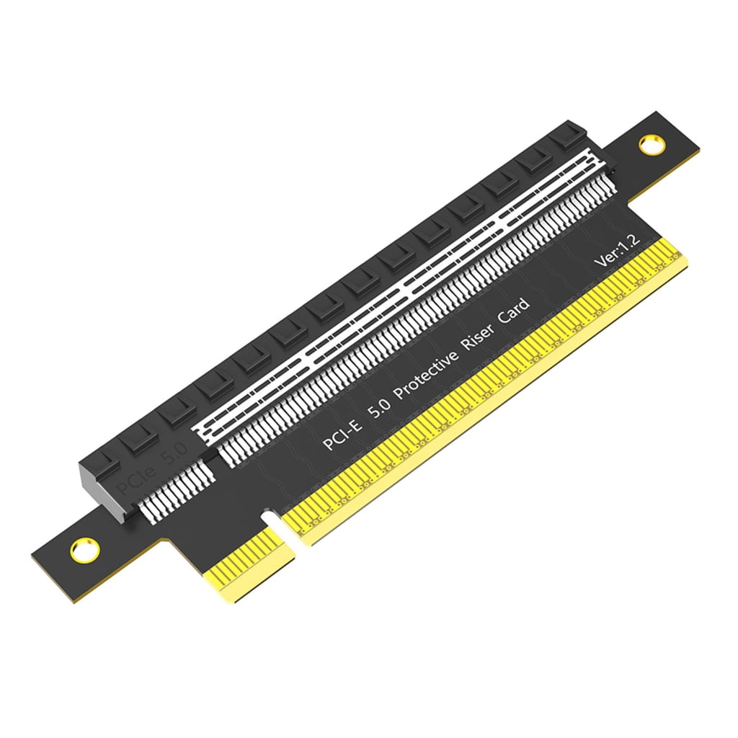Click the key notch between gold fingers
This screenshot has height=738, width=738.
[273, 520]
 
